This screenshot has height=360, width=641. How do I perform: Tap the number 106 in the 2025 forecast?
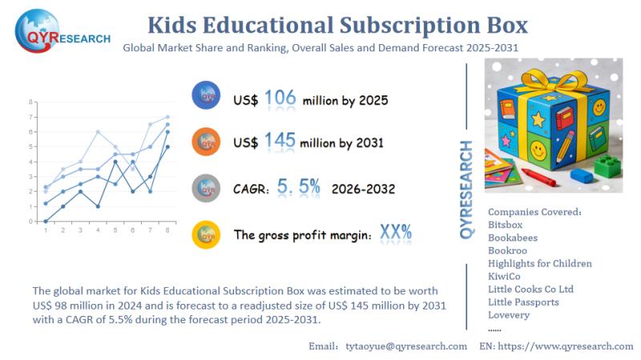280,99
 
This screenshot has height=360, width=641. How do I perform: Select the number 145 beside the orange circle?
280,141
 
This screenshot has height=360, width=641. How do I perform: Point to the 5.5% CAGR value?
298,188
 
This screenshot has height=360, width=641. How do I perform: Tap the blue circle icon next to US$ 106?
207,96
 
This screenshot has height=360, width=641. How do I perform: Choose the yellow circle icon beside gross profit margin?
207,235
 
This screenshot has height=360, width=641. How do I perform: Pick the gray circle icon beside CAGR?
207,188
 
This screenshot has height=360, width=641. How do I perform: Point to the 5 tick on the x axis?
115,230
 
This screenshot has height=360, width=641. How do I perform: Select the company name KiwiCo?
504,276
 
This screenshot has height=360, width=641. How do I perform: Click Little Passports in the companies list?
523,301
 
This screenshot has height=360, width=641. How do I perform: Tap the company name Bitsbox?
505,224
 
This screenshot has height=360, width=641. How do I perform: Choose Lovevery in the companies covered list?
509,314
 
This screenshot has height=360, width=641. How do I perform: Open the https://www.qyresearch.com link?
567,346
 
